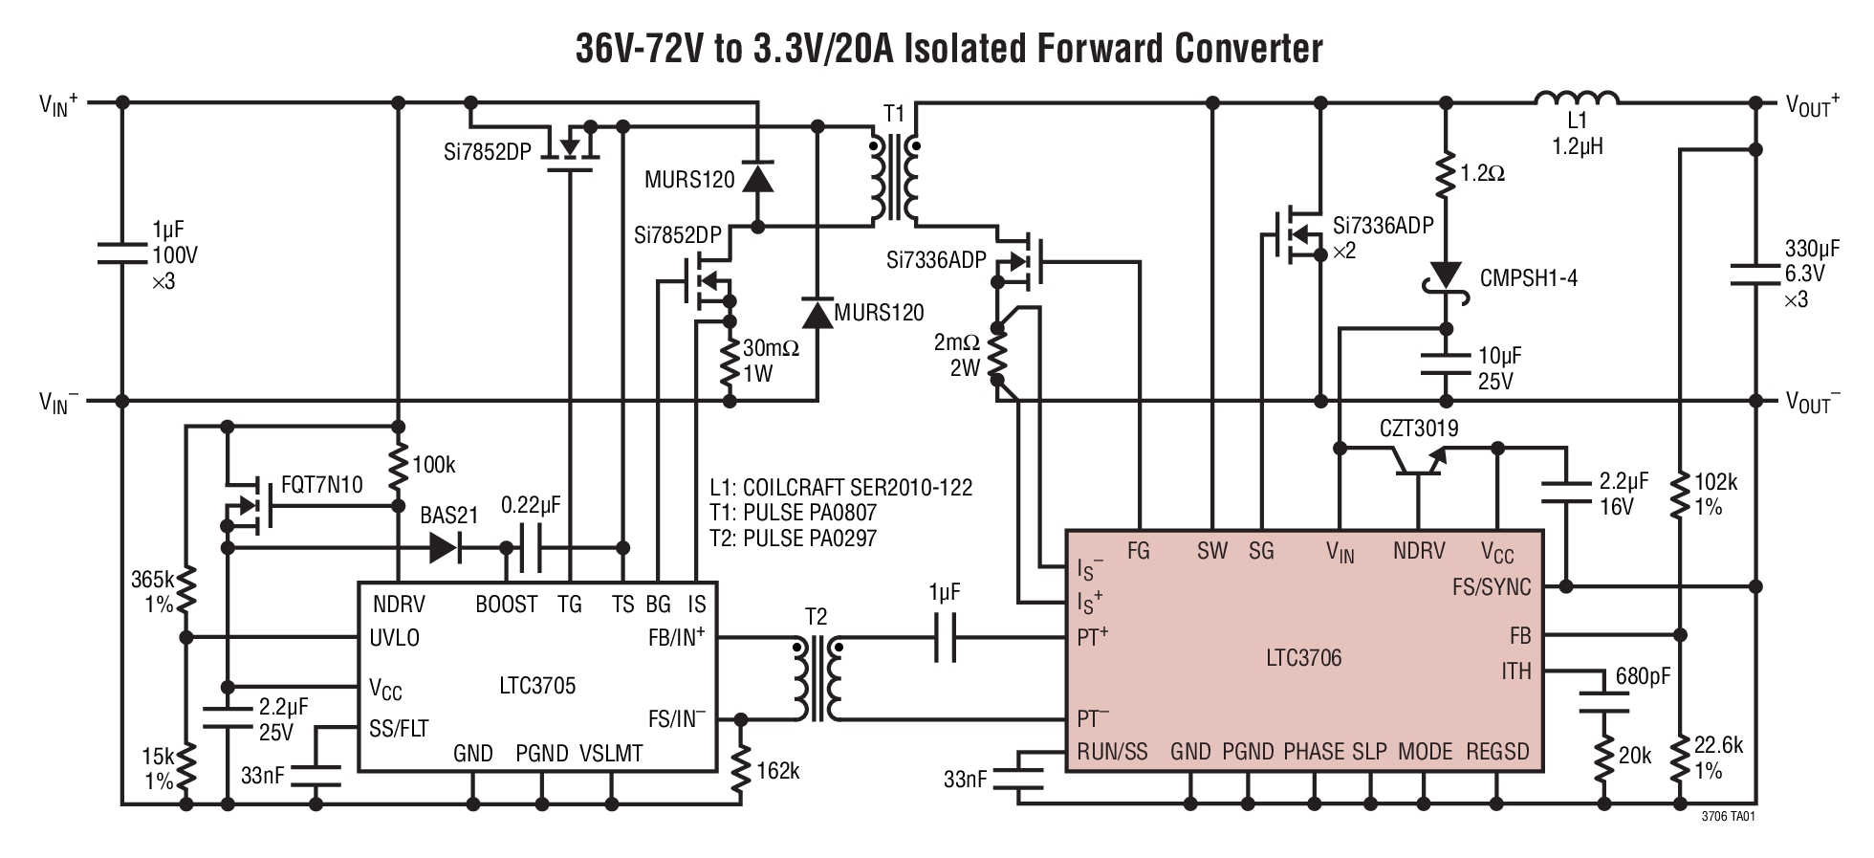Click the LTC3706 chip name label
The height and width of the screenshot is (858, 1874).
(1303, 658)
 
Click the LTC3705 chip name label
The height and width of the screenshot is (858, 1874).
(537, 685)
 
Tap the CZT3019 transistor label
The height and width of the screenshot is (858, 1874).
(1419, 429)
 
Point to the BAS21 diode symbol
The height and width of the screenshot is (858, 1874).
(444, 547)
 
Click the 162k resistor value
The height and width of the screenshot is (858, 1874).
(777, 771)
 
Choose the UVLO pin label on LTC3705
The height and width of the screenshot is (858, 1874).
(394, 638)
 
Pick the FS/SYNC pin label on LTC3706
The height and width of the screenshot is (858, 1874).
(1491, 587)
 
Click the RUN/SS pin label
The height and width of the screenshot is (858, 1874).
(1112, 752)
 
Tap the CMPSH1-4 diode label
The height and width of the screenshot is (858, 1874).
(1529, 278)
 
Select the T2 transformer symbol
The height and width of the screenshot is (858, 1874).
(816, 680)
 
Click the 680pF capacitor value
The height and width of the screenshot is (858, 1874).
(1643, 676)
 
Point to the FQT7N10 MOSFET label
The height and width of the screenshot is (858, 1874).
(322, 485)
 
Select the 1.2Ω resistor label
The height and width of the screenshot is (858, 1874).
(1483, 174)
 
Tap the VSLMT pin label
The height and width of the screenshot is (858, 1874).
(611, 754)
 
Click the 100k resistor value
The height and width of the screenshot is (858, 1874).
(433, 466)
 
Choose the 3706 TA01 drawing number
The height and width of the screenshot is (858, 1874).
(1728, 819)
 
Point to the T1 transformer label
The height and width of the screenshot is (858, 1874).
(894, 115)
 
